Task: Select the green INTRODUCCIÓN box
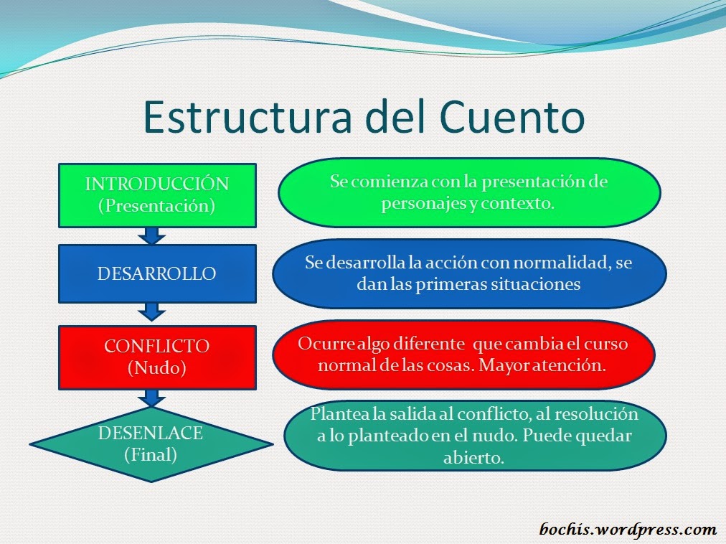156,194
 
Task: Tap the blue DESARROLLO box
156,273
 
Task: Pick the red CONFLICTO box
156,357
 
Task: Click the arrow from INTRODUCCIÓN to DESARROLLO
151,235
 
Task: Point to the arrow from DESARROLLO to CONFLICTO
151,311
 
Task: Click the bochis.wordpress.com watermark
628,530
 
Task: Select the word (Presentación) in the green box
156,205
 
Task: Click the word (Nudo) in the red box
156,368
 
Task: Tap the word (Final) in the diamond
151,454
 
